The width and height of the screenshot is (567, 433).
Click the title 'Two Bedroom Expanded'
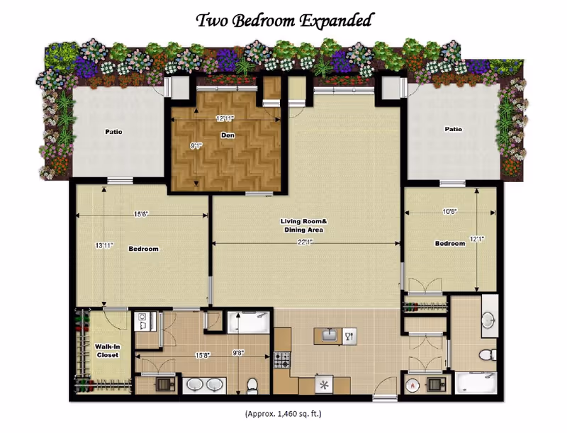(x=284, y=21)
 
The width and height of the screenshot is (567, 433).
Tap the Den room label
(x=228, y=135)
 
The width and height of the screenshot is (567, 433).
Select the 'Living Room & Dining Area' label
(x=304, y=225)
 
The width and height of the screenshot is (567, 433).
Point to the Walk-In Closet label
(x=108, y=351)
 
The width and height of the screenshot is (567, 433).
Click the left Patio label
(x=113, y=132)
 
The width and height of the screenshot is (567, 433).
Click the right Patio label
(x=453, y=129)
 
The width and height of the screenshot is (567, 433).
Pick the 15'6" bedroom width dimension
(x=141, y=214)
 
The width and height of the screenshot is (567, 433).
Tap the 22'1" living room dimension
(x=305, y=242)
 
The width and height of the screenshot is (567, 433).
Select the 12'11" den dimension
(x=225, y=118)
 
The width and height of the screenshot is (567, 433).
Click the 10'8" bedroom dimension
(x=450, y=212)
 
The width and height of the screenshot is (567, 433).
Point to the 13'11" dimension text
(x=104, y=246)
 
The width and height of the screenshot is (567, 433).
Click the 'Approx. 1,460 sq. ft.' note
(x=283, y=413)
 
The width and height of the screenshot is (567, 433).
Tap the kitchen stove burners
(x=281, y=359)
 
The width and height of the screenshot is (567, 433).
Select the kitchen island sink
(x=330, y=336)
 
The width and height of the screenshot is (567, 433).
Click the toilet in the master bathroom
(x=252, y=386)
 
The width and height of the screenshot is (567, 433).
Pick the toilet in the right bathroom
(x=488, y=354)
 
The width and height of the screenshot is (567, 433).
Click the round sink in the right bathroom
(x=488, y=320)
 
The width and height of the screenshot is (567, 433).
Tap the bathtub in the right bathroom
(x=476, y=383)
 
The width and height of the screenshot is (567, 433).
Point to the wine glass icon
(x=349, y=337)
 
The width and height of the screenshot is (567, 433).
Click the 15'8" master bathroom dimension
(x=203, y=355)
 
